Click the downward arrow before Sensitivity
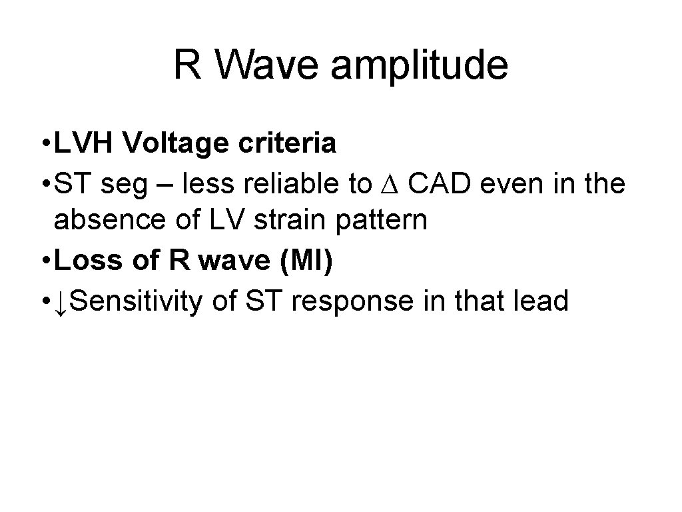coord(61,301)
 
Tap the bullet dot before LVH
coord(44,143)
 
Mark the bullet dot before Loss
coord(44,262)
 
